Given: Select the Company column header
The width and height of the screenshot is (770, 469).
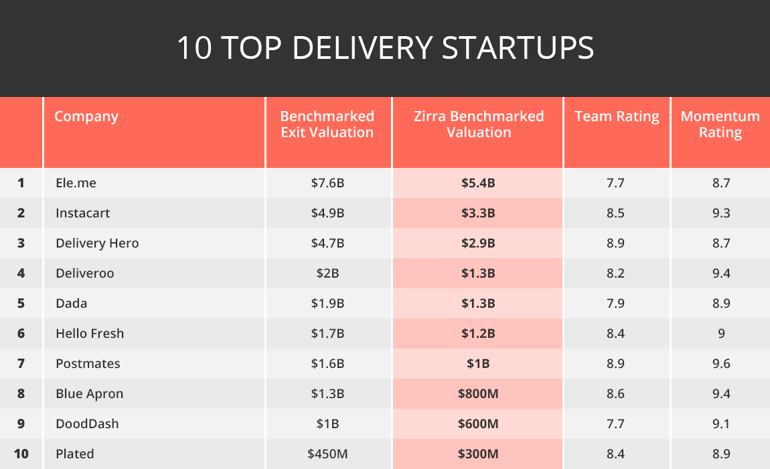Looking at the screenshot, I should coord(86,116).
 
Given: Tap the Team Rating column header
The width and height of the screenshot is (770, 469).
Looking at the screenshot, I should coord(617,116).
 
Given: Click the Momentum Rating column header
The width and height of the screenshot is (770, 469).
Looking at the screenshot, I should coord(720,124).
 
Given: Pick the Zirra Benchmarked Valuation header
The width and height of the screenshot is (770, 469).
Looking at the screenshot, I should coord(478,124).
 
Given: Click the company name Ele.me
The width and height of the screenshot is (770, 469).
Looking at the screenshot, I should coord(77,183).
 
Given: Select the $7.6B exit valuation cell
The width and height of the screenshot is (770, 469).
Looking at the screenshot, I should coord(327,183).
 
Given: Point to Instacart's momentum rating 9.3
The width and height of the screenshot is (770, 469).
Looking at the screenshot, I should coord(721,213).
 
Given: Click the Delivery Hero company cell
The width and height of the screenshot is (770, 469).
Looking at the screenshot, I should coord(97,243).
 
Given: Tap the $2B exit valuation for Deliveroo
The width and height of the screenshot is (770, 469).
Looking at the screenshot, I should coord(327,273).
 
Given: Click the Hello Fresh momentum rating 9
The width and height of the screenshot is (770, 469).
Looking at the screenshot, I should coord(721,333).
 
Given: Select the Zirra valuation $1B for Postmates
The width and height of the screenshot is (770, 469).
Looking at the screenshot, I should coord(478,363).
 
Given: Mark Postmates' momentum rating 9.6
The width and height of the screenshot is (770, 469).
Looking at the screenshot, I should coord(721,363).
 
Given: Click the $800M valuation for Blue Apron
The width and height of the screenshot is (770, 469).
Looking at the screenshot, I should coord(478,393).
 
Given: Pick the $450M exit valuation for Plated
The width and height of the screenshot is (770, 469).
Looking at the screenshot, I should coord(327,454).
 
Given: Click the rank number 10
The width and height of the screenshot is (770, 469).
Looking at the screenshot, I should coord(21,454).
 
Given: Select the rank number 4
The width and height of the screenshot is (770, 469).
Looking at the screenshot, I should coord(21,273).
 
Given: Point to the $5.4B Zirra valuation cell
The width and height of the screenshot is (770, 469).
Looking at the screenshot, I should coord(478,183).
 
